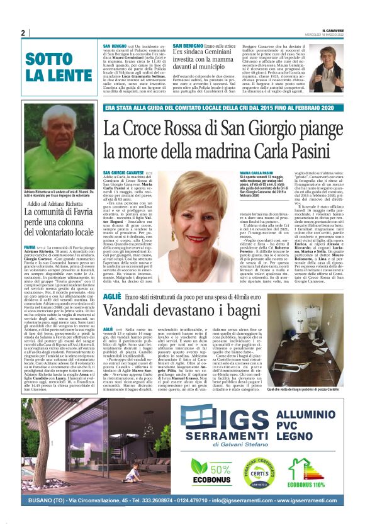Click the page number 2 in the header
point(22,33)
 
